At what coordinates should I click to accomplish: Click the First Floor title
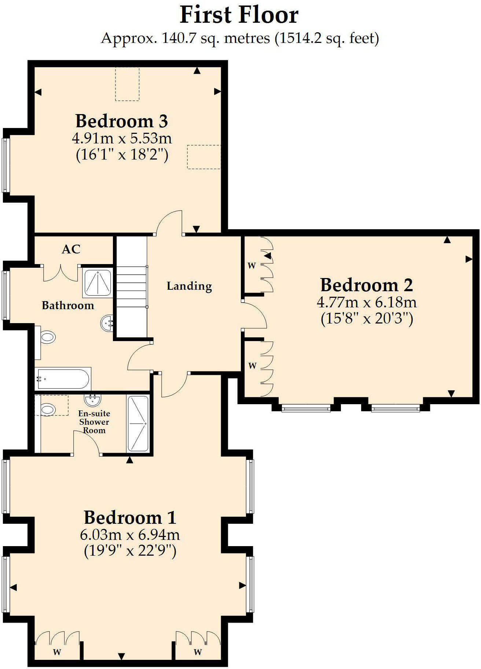point(239,15)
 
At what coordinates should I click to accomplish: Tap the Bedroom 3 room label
point(122,121)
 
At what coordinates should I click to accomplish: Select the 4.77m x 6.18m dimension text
point(367,303)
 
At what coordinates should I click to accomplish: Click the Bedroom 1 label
point(130,518)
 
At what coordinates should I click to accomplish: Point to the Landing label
point(189,286)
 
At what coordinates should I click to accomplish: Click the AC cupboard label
point(71,249)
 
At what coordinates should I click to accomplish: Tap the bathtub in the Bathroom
point(63,379)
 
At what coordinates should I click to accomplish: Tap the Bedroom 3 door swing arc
point(170,222)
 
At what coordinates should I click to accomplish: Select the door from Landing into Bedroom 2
point(255,315)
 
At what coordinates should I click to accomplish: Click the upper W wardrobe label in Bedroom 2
point(251,266)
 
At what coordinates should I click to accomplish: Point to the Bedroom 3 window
point(5,165)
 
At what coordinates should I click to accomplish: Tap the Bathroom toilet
point(47,337)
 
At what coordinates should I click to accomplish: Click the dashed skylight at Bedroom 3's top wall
point(127,84)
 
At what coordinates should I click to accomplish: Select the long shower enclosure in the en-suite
point(138,423)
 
